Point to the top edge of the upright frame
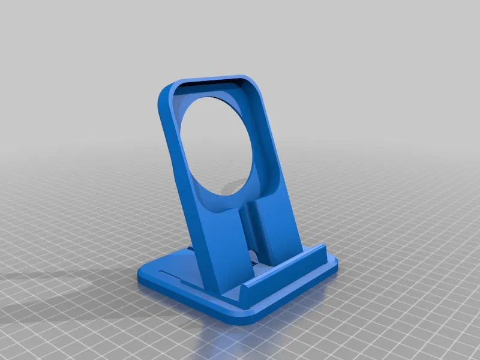pyautogui.click(x=210, y=78)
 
